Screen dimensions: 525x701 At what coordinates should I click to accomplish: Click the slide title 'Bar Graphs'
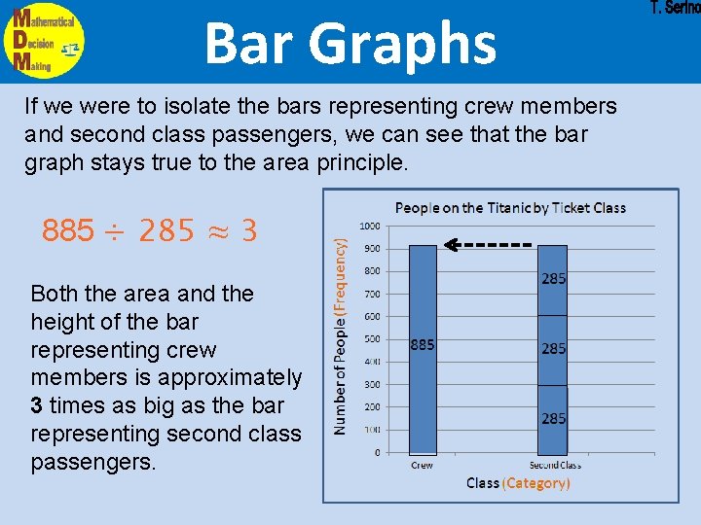(350, 44)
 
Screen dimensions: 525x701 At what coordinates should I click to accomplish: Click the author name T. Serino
(674, 9)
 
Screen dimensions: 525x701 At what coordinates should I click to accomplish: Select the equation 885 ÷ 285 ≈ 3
(149, 231)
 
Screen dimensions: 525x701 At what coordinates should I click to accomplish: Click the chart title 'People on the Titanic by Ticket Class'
(510, 207)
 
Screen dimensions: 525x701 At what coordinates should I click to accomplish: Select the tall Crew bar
(423, 350)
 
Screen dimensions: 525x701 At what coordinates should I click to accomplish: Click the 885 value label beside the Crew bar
(421, 344)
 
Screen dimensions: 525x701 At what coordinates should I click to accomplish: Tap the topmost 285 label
(553, 279)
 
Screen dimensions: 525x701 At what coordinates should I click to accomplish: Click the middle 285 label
(553, 348)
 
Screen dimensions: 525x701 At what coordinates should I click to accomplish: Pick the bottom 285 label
(553, 418)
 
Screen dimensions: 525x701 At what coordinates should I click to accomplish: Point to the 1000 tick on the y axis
(370, 226)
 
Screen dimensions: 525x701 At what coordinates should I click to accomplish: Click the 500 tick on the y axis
(371, 339)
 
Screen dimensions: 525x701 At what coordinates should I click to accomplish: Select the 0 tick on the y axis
(377, 453)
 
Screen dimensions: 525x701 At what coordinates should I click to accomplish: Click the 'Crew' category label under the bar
(422, 466)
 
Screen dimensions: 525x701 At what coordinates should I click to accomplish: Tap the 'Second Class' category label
(554, 466)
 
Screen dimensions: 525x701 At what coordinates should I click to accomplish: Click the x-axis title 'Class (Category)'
(518, 483)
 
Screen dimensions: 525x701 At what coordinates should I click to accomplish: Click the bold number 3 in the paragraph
(37, 405)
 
